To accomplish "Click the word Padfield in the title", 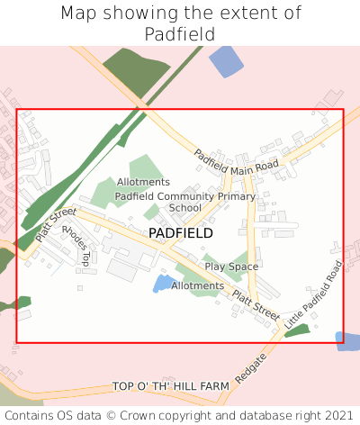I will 180,34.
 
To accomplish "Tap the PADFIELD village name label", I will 181,233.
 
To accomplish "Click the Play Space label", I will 231,267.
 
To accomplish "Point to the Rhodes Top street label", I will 76,245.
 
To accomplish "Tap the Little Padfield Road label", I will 314,295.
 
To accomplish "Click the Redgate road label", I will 251,366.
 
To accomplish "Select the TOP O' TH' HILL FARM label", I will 171,386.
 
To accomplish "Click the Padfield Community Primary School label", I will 185,202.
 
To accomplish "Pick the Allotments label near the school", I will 143,182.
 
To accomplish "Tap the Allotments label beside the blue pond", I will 197,286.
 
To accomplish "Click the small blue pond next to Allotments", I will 163,283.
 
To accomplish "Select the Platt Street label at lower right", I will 256,303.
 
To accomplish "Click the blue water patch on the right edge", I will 348,340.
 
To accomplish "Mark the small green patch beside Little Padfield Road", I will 297,330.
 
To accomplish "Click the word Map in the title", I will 80,14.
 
